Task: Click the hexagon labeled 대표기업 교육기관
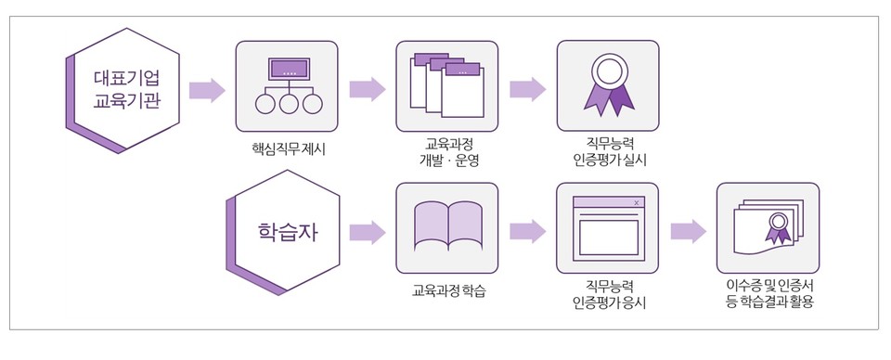[126, 89]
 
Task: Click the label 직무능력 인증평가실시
[609, 152]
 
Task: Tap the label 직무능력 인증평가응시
[609, 295]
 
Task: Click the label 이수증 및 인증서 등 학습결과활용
[768, 295]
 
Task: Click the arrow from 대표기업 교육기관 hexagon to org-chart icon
[207, 90]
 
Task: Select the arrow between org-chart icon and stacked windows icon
[368, 90]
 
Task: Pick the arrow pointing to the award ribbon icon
[527, 90]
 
